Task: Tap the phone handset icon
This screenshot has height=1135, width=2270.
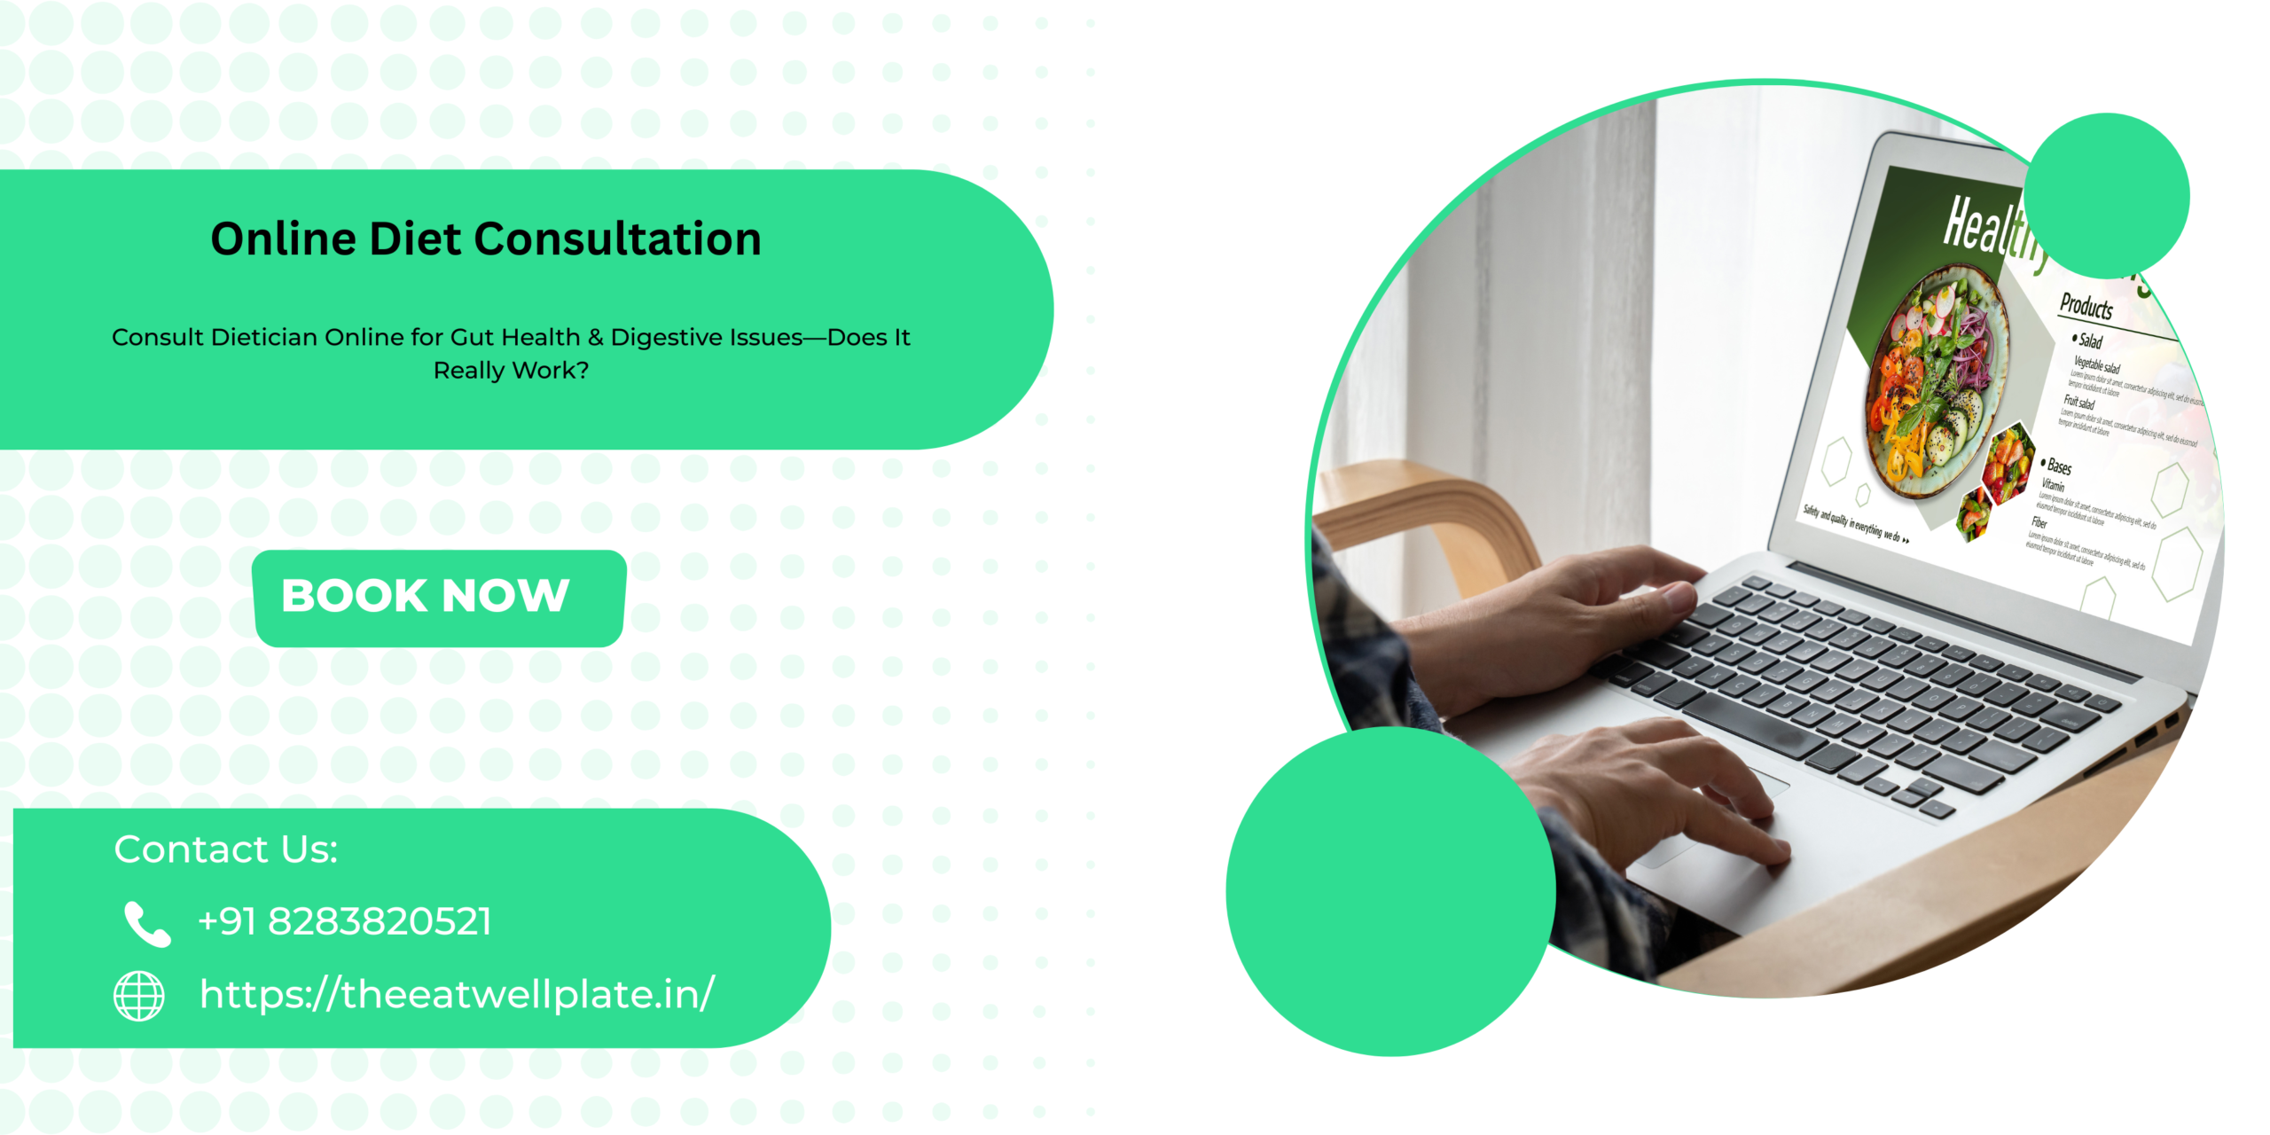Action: click(x=146, y=924)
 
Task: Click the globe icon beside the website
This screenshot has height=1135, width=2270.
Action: click(x=139, y=996)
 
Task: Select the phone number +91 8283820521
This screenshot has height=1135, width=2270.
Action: click(x=344, y=922)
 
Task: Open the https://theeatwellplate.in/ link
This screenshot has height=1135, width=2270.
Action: click(x=457, y=995)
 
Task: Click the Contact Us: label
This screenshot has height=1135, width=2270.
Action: click(x=226, y=849)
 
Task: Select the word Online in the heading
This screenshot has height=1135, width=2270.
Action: click(x=283, y=239)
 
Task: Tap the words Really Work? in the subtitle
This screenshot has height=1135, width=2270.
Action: click(x=511, y=371)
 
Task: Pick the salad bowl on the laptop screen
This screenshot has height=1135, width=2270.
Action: click(x=1937, y=381)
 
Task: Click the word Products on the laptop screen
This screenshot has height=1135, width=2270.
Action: click(x=2086, y=307)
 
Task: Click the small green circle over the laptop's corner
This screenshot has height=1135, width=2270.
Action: click(x=2106, y=195)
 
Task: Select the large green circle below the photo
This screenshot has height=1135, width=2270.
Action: click(x=1389, y=891)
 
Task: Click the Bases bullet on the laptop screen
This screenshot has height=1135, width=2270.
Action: click(x=2058, y=466)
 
